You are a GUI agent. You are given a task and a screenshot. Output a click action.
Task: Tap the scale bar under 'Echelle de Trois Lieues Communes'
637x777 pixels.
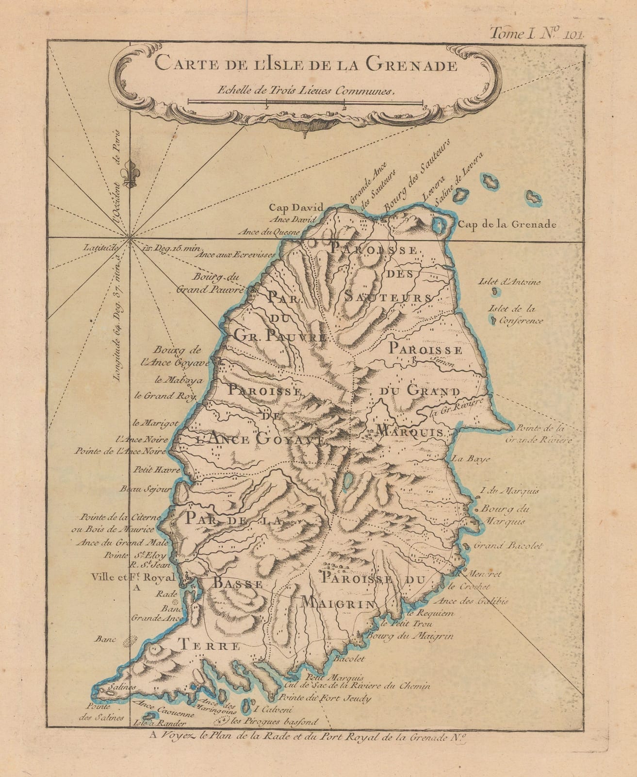pos(306,102)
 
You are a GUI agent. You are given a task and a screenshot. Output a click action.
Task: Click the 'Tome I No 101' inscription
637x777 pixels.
pos(538,33)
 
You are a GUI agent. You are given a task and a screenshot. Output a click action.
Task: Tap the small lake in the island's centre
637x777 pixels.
pos(347,481)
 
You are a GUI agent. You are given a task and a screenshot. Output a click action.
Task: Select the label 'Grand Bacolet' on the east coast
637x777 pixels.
pos(499,545)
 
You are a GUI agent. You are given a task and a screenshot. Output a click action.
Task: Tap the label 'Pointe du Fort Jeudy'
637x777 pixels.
pos(326,698)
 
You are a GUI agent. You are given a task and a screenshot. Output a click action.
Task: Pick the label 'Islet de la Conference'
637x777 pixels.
pos(516,314)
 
